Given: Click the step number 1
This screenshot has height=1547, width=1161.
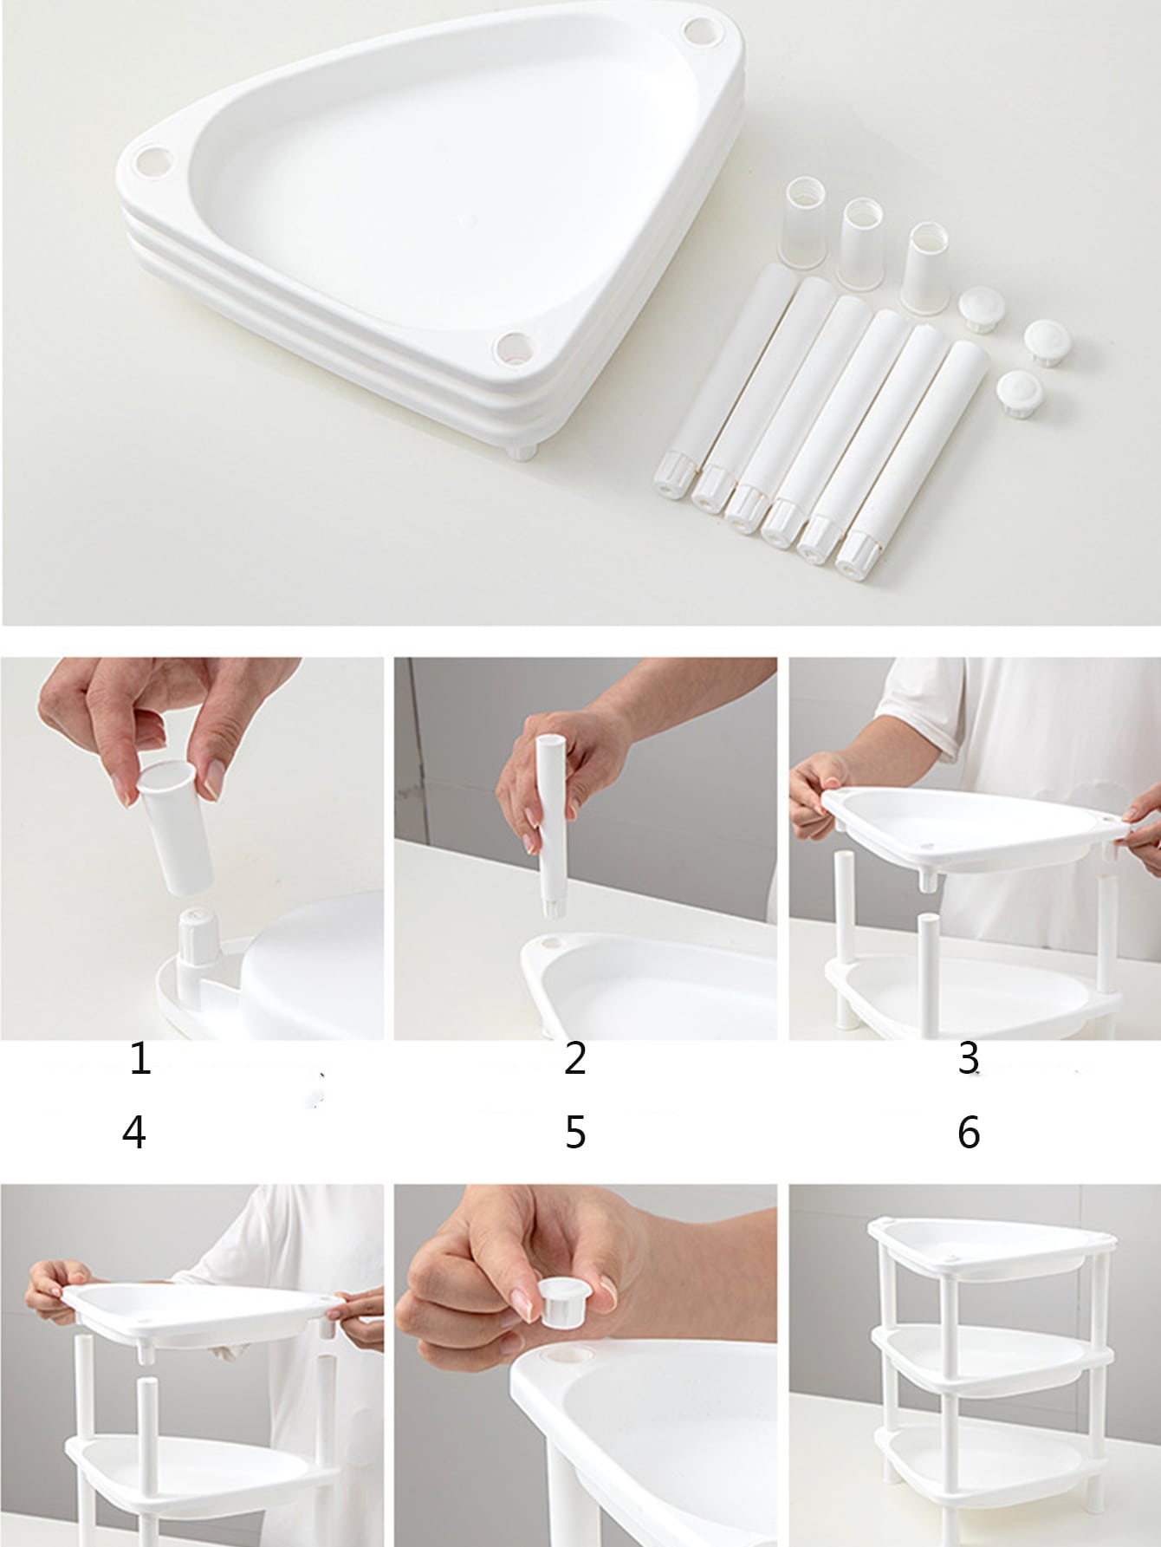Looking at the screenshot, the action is point(140,1059).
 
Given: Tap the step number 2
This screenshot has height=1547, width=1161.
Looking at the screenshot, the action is point(575,1059).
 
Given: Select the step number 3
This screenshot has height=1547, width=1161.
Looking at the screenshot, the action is point(969,1059).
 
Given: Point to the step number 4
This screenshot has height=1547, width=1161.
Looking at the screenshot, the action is point(134,1133).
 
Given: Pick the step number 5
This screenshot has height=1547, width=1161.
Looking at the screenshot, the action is point(575,1133).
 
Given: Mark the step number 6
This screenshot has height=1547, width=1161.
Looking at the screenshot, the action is point(969,1133).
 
